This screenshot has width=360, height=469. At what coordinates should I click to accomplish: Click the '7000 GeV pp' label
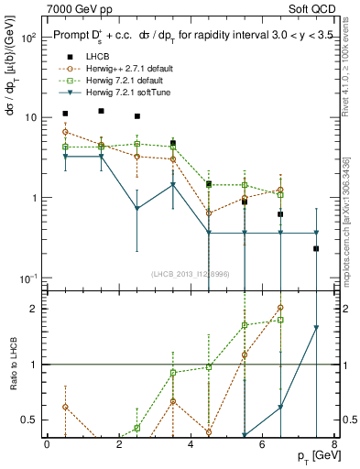tap(74, 7)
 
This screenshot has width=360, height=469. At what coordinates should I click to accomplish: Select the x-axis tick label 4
tap(190, 444)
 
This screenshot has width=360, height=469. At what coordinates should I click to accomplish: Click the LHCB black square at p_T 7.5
tap(316, 248)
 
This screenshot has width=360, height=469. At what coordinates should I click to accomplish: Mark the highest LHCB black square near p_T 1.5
tap(101, 111)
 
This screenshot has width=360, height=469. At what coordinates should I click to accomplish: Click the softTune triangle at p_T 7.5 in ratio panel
tap(316, 328)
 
